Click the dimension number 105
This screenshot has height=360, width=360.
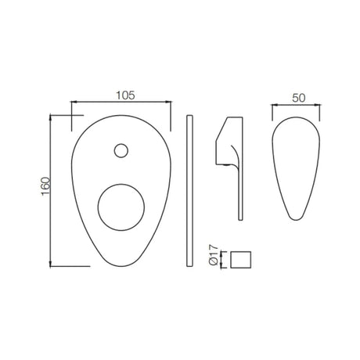(x=121, y=95)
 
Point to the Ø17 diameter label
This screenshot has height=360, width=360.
(x=213, y=257)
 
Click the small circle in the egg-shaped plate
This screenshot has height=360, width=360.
(x=121, y=150)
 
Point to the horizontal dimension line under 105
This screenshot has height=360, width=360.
(x=121, y=102)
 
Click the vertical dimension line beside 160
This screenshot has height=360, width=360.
(x=52, y=189)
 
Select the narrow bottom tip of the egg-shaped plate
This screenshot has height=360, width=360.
(x=117, y=265)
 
